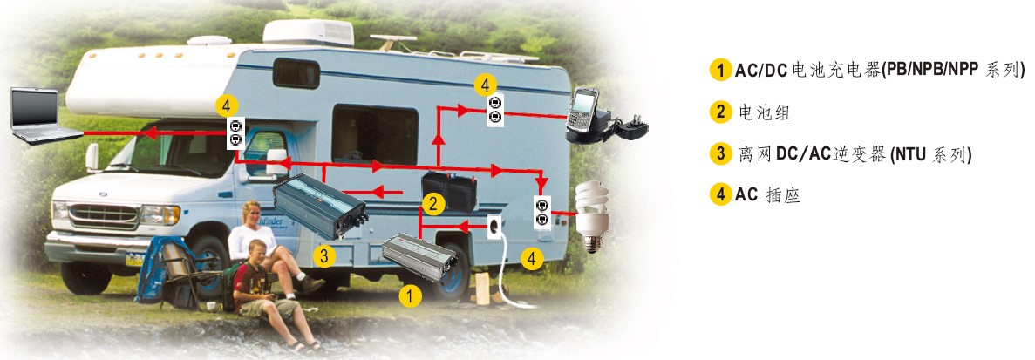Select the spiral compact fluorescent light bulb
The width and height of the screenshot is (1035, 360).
[591, 216]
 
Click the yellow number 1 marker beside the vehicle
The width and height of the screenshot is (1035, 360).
[410, 296]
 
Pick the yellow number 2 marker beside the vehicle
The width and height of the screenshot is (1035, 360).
[433, 204]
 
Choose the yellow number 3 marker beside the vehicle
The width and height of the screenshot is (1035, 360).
[323, 255]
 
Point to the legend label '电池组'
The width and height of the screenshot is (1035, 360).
[764, 112]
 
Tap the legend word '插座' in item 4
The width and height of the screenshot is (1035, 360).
[783, 195]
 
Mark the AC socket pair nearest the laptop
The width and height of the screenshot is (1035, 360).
[235, 133]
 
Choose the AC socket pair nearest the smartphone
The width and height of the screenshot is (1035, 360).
[495, 110]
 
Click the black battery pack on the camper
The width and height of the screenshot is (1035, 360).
[450, 189]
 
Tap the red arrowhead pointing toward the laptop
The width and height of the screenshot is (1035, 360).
[149, 133]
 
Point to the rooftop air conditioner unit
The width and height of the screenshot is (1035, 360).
[309, 32]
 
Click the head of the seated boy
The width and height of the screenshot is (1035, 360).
[256, 252]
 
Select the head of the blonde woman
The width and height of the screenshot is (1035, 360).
[251, 213]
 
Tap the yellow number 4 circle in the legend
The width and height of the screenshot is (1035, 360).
[721, 195]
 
